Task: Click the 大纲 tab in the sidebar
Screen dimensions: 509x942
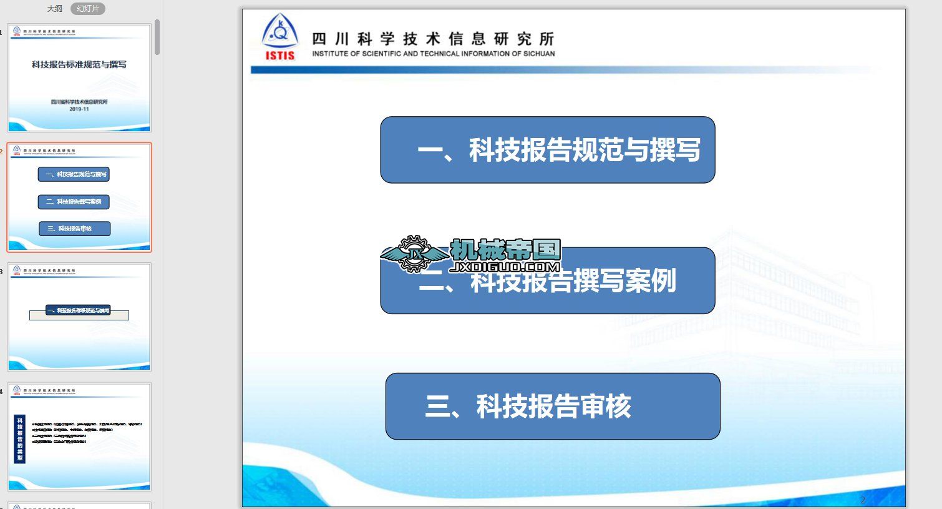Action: [55, 9]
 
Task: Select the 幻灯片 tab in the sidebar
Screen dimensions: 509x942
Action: [88, 9]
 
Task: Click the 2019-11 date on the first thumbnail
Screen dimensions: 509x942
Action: [79, 109]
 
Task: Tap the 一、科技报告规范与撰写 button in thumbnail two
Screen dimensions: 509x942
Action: [74, 174]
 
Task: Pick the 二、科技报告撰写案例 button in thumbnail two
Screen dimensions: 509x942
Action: [74, 202]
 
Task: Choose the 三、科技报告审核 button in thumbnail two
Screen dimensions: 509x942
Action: [74, 229]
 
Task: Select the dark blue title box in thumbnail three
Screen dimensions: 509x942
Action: [78, 310]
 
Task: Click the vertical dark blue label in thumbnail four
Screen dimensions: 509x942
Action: [20, 439]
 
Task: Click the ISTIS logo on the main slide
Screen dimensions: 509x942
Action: [280, 37]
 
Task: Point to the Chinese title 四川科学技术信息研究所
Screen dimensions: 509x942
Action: [433, 39]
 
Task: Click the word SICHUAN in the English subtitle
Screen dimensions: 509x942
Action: [538, 54]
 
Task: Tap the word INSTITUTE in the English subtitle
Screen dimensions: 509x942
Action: [331, 54]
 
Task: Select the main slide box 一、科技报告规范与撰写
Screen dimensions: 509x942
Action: [547, 150]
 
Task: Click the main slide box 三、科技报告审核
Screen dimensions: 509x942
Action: [552, 406]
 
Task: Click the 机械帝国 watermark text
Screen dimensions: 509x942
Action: [505, 250]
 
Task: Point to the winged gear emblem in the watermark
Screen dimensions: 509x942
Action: [412, 254]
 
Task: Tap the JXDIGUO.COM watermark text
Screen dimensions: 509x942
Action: [505, 267]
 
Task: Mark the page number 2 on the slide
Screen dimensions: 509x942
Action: [863, 500]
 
